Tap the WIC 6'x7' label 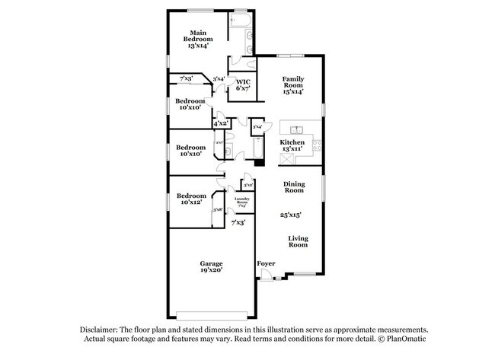pos(243,85)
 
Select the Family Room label pos(293,84)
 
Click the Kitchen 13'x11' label pos(292,145)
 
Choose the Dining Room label pos(294,186)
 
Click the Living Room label pos(298,241)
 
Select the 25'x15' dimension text pos(292,215)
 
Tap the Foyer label pos(265,263)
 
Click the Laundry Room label pos(242,202)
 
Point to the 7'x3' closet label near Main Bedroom pos(186,78)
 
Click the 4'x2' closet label pos(221,123)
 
